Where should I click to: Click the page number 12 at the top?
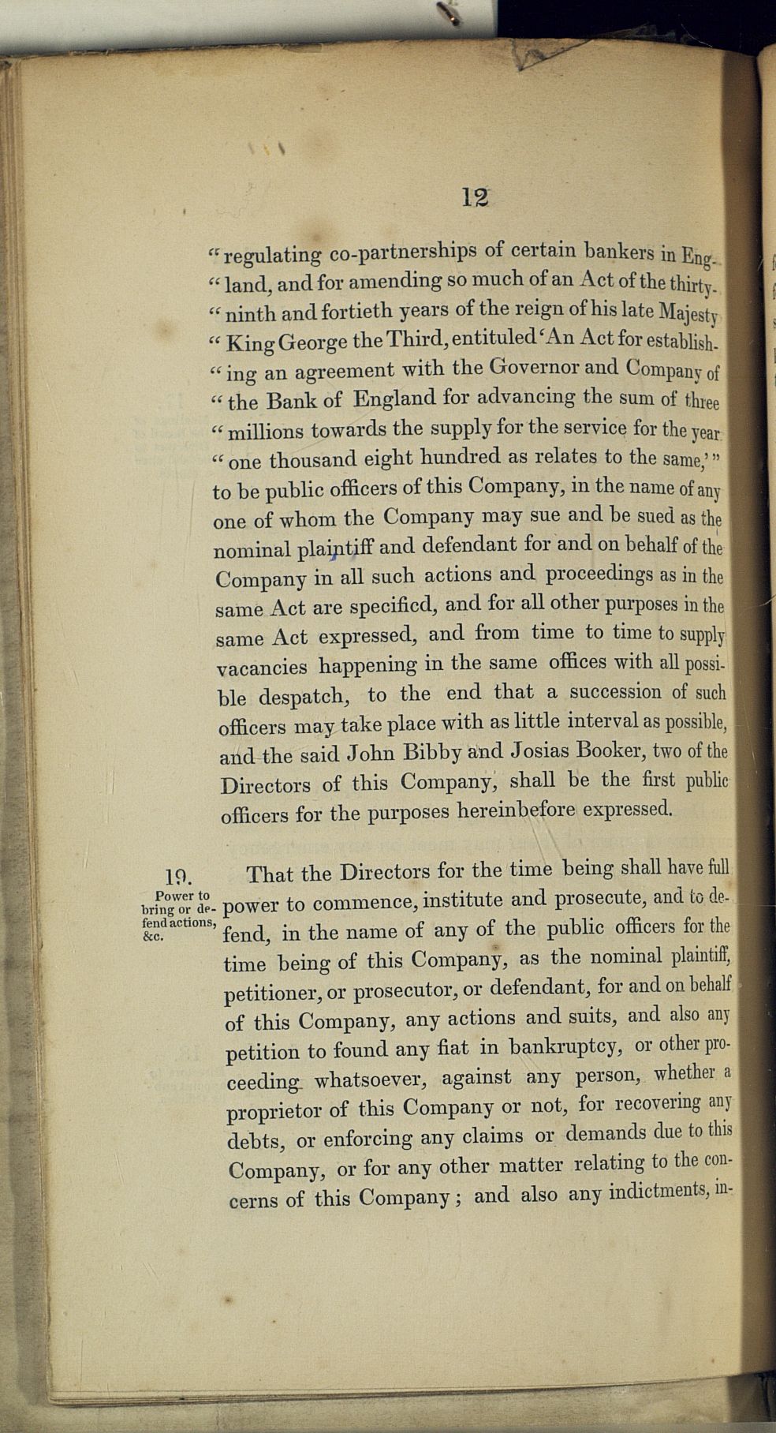click(x=475, y=196)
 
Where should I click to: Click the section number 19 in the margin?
click(x=179, y=876)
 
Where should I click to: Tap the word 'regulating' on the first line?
click(x=273, y=255)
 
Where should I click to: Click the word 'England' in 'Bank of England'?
click(x=393, y=398)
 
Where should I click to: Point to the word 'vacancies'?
click(x=262, y=668)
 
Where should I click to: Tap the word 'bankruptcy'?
click(x=561, y=1048)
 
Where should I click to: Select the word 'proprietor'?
click(x=274, y=1111)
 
